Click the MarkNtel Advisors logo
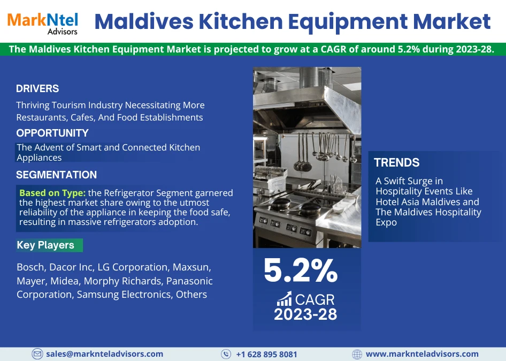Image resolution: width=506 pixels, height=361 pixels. click(42, 22)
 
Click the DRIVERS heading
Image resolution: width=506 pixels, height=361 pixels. click(37, 89)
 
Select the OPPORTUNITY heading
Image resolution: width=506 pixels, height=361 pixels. click(52, 133)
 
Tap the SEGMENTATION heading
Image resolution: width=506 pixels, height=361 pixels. click(56, 175)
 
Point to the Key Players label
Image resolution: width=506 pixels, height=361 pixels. click(45, 245)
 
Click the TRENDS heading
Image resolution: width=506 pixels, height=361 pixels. click(396, 163)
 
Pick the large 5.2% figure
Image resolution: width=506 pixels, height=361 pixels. click(301, 271)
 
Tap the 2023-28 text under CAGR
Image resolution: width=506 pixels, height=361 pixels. click(305, 314)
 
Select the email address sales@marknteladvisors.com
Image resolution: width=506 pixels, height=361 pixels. click(104, 354)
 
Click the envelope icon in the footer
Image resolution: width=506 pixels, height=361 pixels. click(37, 354)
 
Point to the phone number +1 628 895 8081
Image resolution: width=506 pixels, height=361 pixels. click(266, 354)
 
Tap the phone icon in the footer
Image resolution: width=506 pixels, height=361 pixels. click(226, 354)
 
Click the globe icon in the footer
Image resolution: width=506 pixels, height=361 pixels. click(357, 354)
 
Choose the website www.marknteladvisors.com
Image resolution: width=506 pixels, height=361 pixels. click(422, 354)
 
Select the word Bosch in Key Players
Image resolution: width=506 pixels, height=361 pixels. click(30, 267)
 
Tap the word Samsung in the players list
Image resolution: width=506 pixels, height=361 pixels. click(96, 295)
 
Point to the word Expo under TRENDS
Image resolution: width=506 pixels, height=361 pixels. click(386, 222)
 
